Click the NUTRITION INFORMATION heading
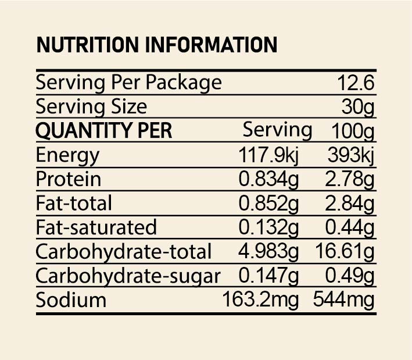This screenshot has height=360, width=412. [x=156, y=45]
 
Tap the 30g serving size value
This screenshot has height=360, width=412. [x=357, y=107]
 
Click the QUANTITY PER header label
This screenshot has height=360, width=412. [x=104, y=131]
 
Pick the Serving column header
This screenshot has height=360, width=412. [x=277, y=130]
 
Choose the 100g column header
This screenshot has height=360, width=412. [x=352, y=131]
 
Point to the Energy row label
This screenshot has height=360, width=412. [x=67, y=155]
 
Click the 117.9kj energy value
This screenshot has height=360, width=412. [x=268, y=155]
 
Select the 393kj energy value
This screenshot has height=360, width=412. [x=349, y=155]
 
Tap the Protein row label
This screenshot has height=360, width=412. [x=68, y=179]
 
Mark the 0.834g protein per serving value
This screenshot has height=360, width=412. [x=268, y=179]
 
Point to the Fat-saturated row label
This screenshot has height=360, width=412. [x=96, y=227]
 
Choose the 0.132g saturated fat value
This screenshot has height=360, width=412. [x=268, y=227]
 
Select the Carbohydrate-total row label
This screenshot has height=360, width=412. [x=123, y=252]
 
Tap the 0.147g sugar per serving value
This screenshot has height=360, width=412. [x=268, y=276]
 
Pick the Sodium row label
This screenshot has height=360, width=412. [x=71, y=300]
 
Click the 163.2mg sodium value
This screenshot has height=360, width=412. [x=260, y=300]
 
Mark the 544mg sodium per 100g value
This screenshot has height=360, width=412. [x=343, y=300]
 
